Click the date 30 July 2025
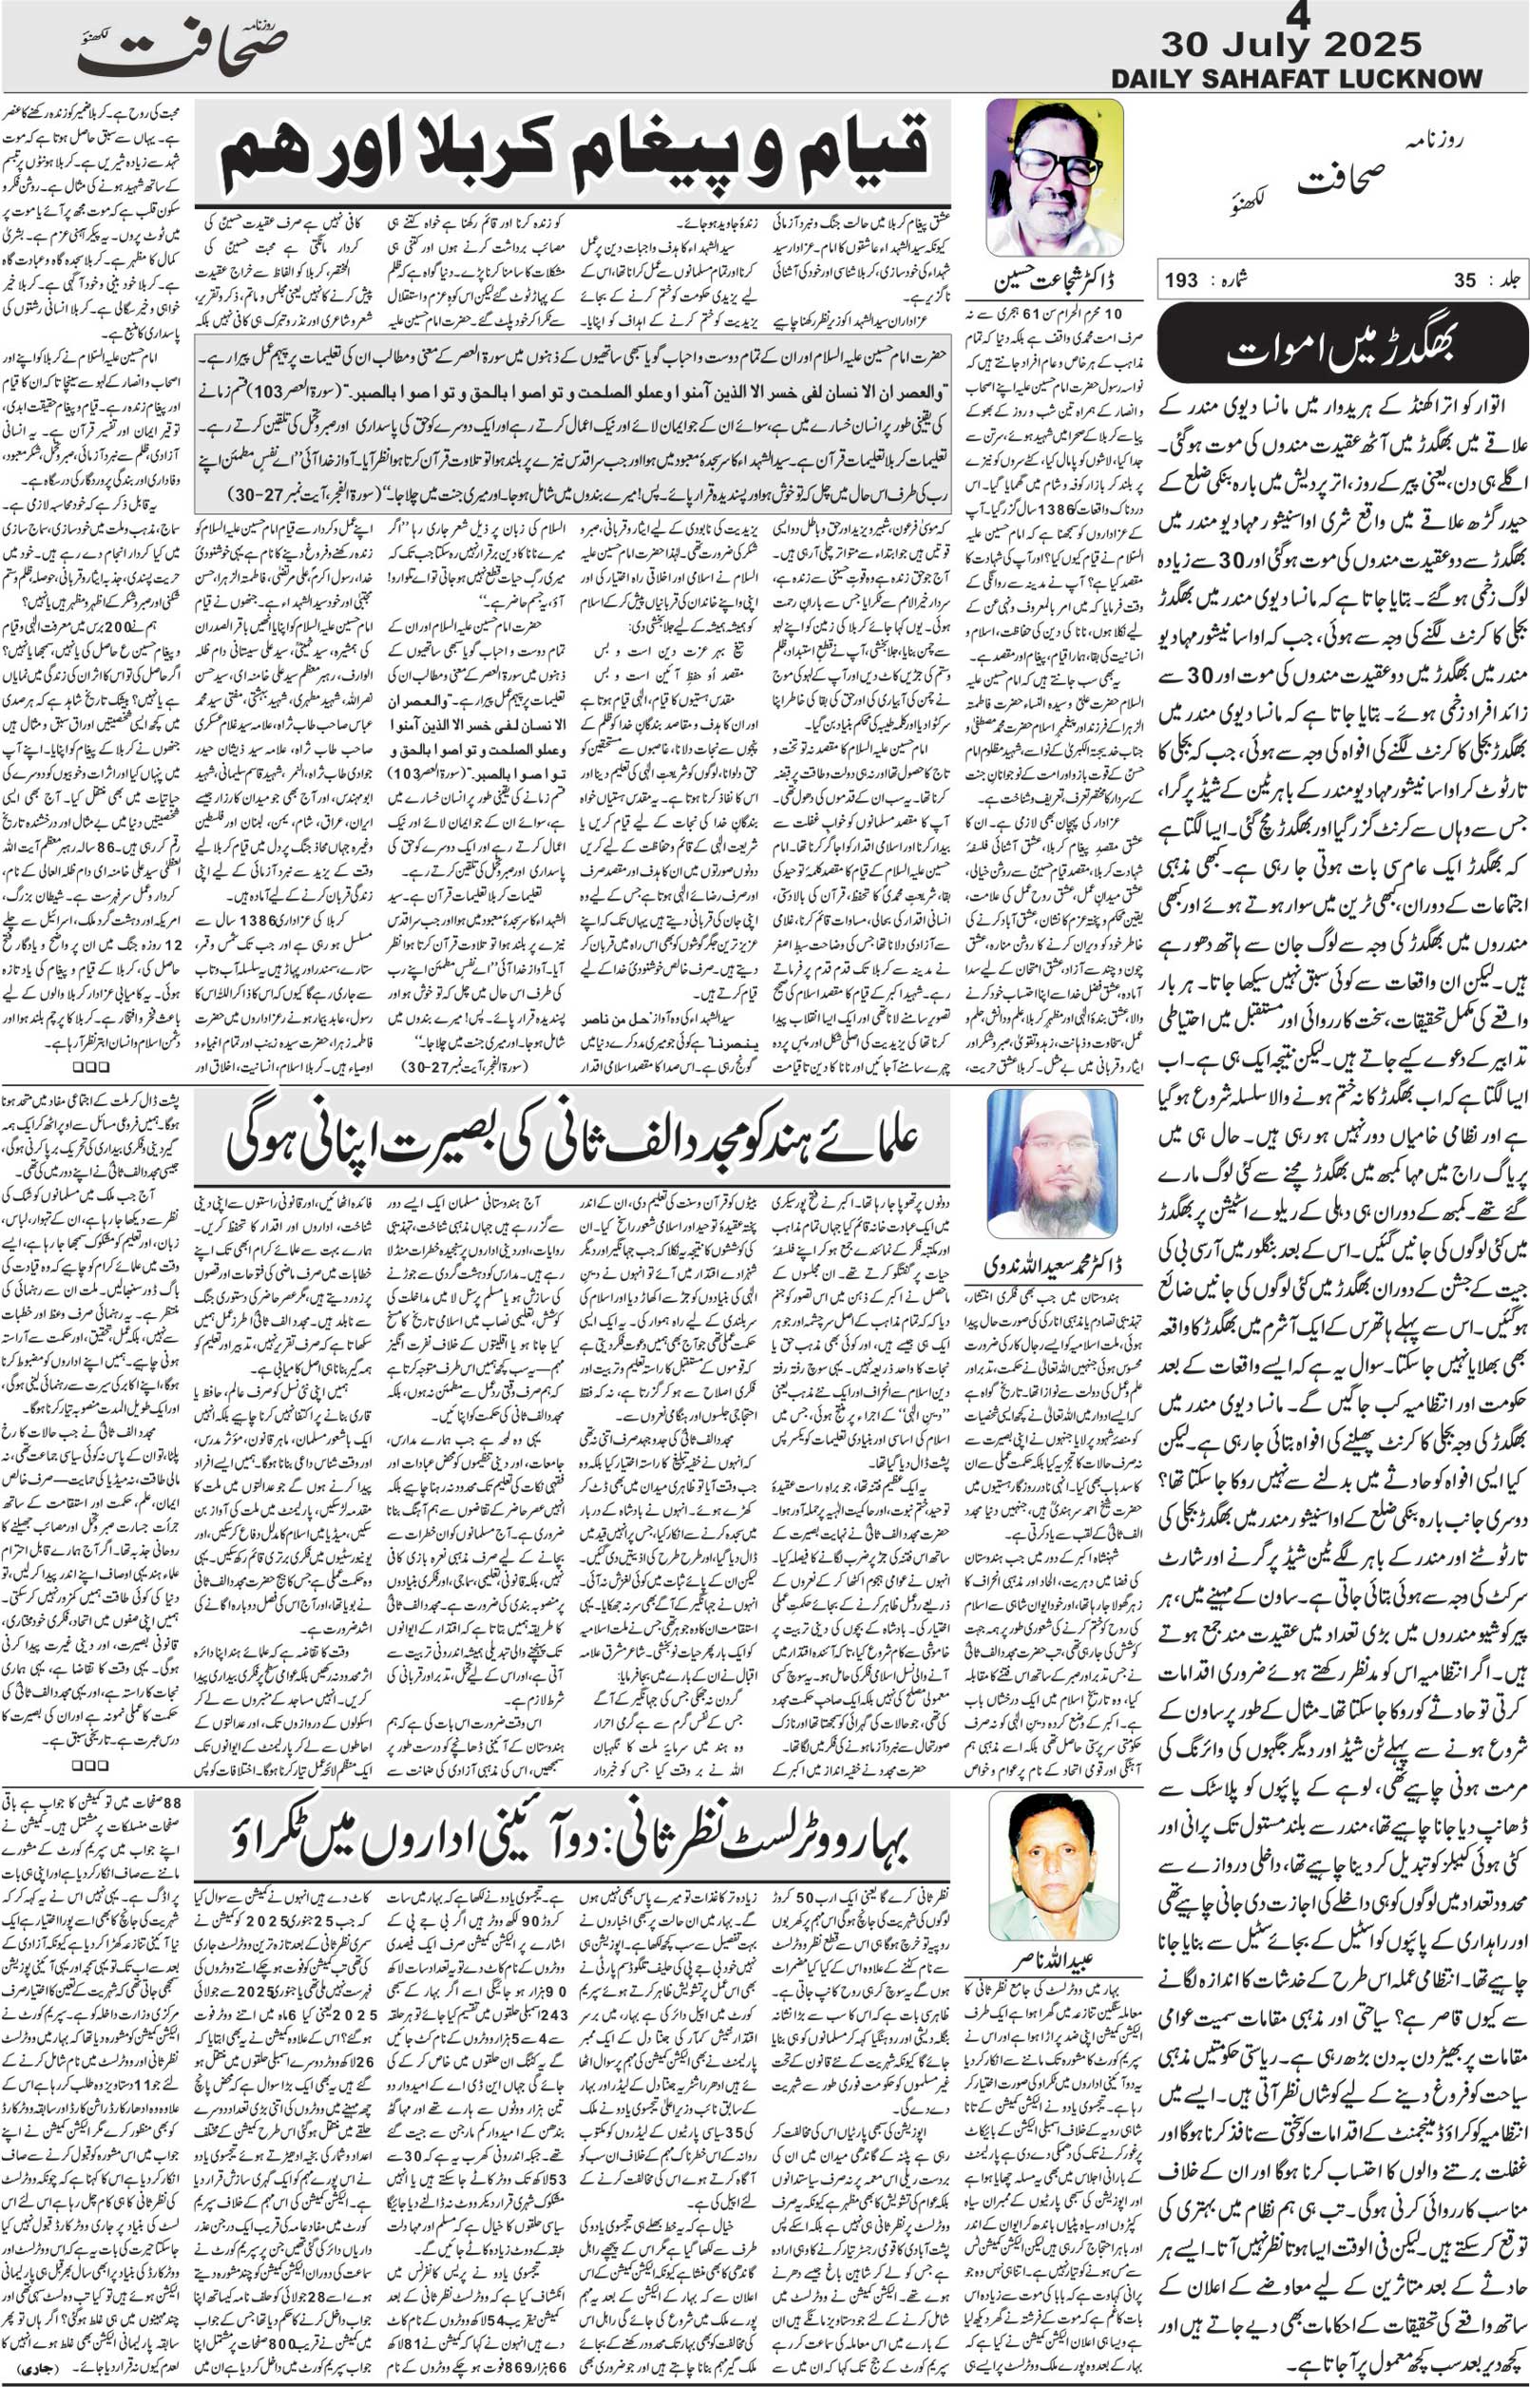pyautogui.click(x=1291, y=45)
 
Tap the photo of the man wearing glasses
pyautogui.click(x=1054, y=178)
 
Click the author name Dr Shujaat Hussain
pyautogui.click(x=1055, y=282)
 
